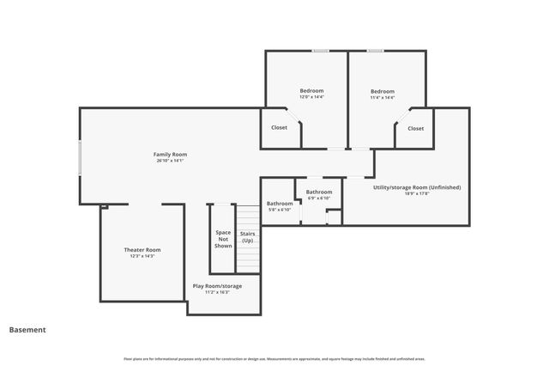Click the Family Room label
tap(170, 155)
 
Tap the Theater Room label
tap(142, 249)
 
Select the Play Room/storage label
tap(217, 285)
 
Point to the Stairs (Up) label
tap(247, 236)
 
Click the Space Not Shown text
tap(223, 239)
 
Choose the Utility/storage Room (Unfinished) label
tap(417, 186)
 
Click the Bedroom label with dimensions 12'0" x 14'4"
tap(311, 91)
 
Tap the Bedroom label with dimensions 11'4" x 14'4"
tap(383, 91)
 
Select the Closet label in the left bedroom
tap(280, 128)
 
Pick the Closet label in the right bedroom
tap(415, 128)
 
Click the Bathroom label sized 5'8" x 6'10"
tap(280, 203)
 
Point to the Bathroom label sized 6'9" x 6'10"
tap(319, 192)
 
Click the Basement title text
tap(27, 329)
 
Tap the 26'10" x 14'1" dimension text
tap(170, 161)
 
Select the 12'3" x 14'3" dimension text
tap(142, 256)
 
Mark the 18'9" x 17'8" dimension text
tap(417, 193)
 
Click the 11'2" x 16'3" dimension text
tap(217, 292)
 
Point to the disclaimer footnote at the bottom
tap(274, 358)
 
